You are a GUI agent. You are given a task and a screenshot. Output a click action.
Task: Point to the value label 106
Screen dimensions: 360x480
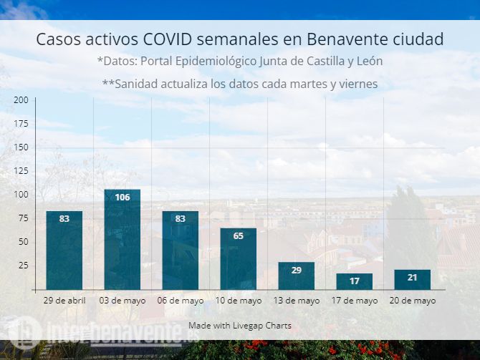click(123, 197)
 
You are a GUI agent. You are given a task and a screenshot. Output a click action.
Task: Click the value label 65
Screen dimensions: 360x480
click(239, 235)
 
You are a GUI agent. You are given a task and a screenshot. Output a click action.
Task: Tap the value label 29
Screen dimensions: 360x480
click(297, 270)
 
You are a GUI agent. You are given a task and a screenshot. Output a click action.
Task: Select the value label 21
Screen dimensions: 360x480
click(413, 278)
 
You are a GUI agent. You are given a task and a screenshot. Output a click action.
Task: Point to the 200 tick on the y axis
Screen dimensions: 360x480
click(21, 99)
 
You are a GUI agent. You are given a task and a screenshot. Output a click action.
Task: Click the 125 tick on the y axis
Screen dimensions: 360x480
click(21, 170)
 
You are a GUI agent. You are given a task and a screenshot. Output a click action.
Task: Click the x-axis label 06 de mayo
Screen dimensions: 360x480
click(181, 301)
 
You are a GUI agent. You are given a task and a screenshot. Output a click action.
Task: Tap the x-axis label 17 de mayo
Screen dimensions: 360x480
click(355, 301)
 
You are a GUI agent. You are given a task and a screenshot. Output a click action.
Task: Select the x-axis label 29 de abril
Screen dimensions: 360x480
click(64, 301)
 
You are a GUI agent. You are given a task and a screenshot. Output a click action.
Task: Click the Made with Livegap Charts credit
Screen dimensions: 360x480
click(240, 326)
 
